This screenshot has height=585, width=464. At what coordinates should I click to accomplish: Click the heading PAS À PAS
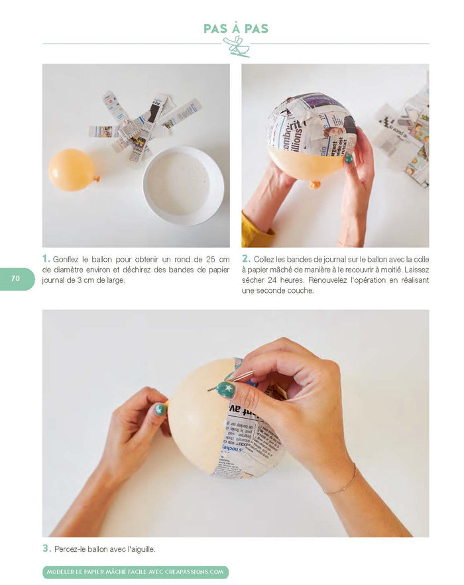[x=236, y=28]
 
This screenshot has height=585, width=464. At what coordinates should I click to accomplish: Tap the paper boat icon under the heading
[x=236, y=46]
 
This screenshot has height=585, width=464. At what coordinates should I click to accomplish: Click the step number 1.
[x=46, y=259]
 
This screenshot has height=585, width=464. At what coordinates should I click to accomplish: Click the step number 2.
[x=245, y=259]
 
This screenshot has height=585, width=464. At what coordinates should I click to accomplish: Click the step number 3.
[x=46, y=549]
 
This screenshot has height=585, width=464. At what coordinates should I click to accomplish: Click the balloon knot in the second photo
[x=315, y=184]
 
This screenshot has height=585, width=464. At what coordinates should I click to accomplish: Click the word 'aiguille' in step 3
[x=141, y=549]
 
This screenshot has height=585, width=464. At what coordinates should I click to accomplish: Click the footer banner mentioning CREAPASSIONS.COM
[x=135, y=572]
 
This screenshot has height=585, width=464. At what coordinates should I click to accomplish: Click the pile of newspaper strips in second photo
[x=403, y=136]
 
